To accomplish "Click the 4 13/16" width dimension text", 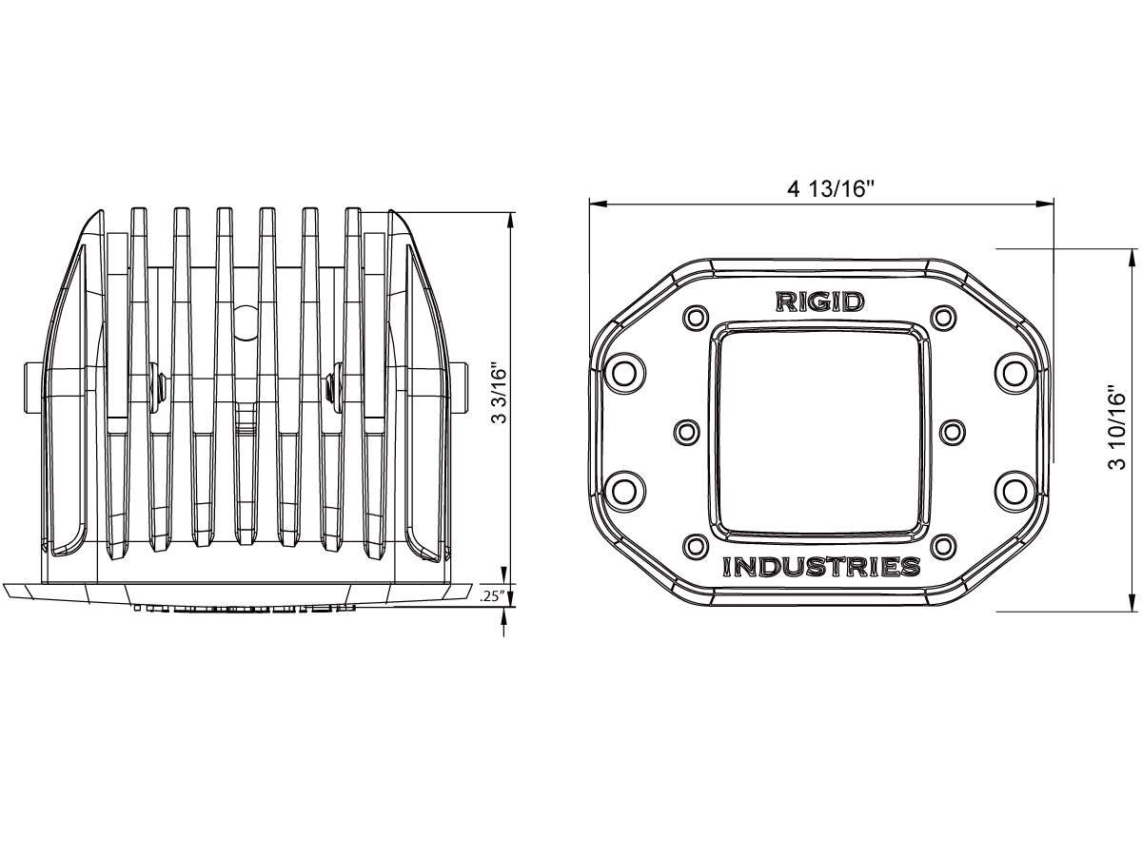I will coord(830,188).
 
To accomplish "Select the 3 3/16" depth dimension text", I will coord(495,397).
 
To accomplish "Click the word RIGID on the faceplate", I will coord(819,302).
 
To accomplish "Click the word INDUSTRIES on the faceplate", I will coord(821,568).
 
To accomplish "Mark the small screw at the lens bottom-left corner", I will coord(696,546).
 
